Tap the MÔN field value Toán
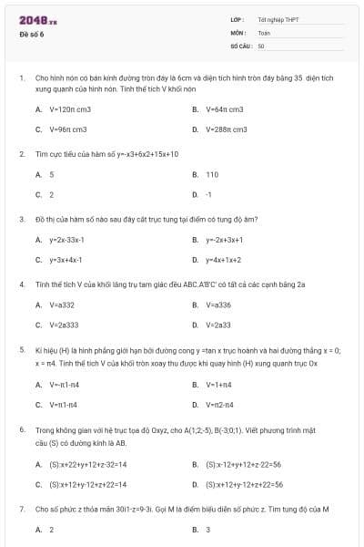[x=264, y=32]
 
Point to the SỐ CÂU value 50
[x=261, y=45]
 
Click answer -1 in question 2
[x=208, y=194]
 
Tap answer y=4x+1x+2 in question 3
[x=223, y=260]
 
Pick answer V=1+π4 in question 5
[x=219, y=384]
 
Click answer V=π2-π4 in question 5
[x=219, y=404]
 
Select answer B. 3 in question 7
[x=207, y=529]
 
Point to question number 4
[x=21, y=284]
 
